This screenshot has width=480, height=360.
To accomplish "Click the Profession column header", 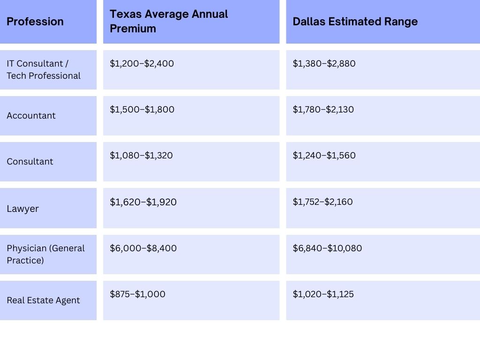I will (x=35, y=22).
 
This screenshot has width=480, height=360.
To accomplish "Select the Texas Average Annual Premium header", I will (x=169, y=21).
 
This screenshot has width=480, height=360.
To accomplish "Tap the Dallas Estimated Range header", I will (x=355, y=22).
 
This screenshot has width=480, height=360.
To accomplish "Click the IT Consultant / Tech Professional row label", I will (x=44, y=69).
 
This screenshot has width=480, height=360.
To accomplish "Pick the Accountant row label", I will (x=31, y=115).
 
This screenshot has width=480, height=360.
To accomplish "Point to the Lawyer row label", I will (x=22, y=209).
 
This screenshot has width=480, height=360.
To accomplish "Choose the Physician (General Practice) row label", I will (x=45, y=254).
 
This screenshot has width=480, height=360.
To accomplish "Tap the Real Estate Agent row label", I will (x=43, y=300).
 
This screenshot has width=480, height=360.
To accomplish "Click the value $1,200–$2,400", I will (x=142, y=63).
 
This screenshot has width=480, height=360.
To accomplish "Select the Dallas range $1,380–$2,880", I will (x=324, y=63).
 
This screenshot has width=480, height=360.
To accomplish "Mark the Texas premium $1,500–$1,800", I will (x=142, y=109).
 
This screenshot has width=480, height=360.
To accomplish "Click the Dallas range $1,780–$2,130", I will (x=323, y=109).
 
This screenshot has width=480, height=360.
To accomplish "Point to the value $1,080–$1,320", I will (x=141, y=155).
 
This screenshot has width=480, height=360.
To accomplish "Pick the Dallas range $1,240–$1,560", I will (x=324, y=155).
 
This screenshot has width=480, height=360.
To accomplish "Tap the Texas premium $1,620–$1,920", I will (x=143, y=202).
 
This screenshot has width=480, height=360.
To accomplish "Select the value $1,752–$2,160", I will (x=322, y=202).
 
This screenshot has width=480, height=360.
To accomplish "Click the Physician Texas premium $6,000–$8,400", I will (x=143, y=248).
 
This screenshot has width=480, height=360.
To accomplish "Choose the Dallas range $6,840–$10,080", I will (x=327, y=248).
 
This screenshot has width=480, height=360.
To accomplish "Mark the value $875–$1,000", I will (x=137, y=294).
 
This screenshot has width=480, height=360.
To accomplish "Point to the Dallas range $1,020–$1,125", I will (x=323, y=294).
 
